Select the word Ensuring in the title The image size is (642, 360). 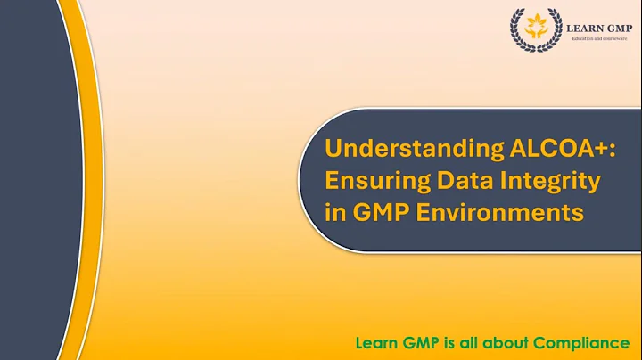371,181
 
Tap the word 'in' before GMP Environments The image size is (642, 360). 334,214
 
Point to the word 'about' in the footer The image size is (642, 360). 509,342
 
